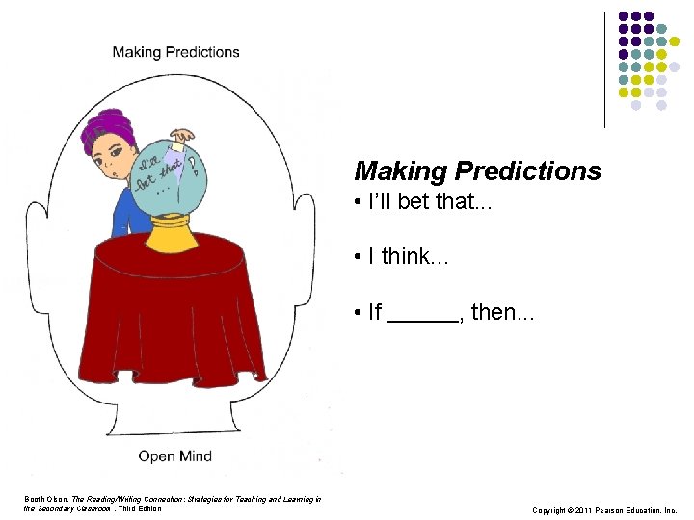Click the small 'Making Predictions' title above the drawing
tap(175, 52)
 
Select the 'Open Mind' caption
tap(175, 455)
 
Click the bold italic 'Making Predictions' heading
tap(477, 171)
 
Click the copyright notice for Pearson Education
tap(604, 509)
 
